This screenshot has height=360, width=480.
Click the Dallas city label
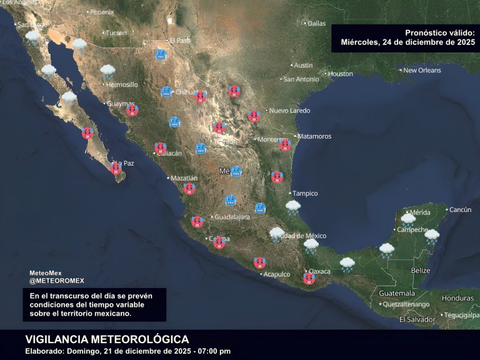(316, 24)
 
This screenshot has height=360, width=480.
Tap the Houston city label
(341, 74)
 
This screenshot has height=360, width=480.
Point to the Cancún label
(460, 209)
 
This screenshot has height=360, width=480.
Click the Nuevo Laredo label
(290, 111)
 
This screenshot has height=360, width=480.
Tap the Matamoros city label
(314, 136)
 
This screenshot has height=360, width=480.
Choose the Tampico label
(305, 193)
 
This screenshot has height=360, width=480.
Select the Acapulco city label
(277, 274)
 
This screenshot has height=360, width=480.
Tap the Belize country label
(421, 271)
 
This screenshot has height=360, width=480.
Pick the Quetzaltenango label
(406, 304)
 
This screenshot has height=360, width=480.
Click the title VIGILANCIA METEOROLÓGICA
(107, 339)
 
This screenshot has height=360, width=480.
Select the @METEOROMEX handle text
(57, 281)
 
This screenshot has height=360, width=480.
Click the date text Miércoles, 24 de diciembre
(407, 42)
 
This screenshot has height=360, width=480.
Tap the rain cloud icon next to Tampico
(293, 207)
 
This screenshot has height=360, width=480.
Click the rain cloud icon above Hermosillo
(108, 71)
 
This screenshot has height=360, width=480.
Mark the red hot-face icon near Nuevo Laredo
(254, 116)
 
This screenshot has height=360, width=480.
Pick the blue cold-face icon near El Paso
(161, 55)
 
